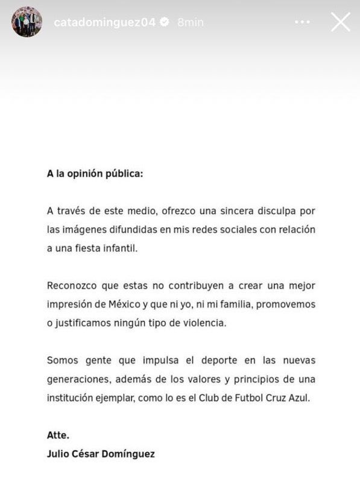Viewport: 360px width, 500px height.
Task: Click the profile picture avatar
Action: pyautogui.click(x=27, y=22)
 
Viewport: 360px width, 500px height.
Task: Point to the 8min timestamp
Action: pyautogui.click(x=191, y=22)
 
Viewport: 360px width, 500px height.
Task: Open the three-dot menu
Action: pyautogui.click(x=302, y=22)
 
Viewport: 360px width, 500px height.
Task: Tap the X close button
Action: pyautogui.click(x=341, y=22)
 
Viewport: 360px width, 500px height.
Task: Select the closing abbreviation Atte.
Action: pyautogui.click(x=58, y=434)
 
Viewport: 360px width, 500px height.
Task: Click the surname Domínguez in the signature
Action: pyautogui.click(x=128, y=453)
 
